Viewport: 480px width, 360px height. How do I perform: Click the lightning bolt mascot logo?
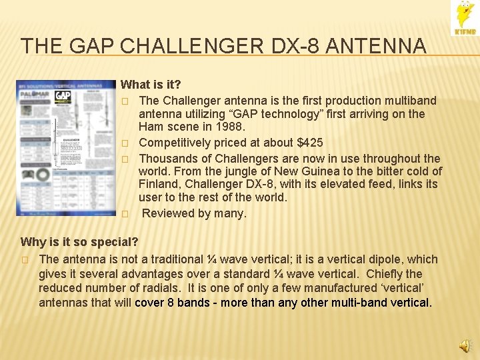pyautogui.click(x=464, y=17)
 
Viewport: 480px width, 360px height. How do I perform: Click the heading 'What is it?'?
pyautogui.click(x=151, y=85)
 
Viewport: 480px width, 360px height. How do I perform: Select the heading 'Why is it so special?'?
pyautogui.click(x=79, y=241)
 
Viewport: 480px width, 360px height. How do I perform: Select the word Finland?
pyautogui.click(x=158, y=185)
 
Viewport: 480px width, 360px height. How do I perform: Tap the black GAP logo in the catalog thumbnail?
pyautogui.click(x=63, y=96)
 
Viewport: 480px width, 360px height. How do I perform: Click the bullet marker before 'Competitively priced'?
pyautogui.click(x=125, y=143)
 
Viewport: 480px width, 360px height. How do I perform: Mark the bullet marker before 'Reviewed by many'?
pyautogui.click(x=125, y=214)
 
